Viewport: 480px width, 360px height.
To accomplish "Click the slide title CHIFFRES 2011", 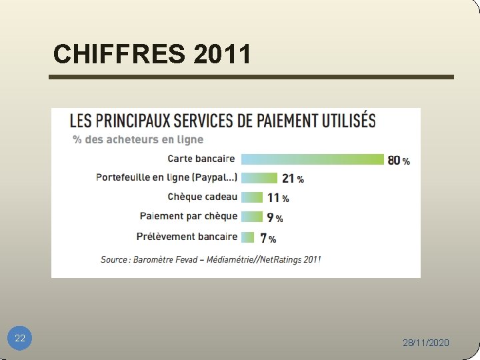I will (152, 54).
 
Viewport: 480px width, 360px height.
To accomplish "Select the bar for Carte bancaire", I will (312, 159).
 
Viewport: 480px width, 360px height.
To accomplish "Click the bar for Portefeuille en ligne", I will (259, 178).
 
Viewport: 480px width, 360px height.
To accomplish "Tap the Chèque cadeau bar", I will (252, 197).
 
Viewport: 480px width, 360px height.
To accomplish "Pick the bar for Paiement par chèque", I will (251, 217).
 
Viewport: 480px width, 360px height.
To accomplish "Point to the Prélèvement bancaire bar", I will (248, 237).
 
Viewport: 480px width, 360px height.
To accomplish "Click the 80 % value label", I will (399, 161).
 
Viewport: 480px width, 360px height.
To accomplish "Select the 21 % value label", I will (293, 179).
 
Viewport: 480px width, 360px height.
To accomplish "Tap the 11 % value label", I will (278, 198).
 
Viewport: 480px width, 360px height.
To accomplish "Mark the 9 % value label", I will (275, 218).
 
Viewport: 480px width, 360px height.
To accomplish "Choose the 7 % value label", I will (268, 238).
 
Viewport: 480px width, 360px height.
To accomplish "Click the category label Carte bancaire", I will (201, 159).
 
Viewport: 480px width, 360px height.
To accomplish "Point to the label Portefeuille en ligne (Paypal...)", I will (167, 177).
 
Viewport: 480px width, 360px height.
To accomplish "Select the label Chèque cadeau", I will (202, 197).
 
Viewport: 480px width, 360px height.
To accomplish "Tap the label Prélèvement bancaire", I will (187, 236).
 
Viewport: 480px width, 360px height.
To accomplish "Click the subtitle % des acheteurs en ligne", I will (138, 139).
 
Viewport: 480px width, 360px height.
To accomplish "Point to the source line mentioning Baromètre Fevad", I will (211, 259).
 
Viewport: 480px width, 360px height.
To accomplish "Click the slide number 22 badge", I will (20, 339).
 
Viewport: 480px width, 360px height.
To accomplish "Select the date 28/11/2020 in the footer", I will (426, 343).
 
